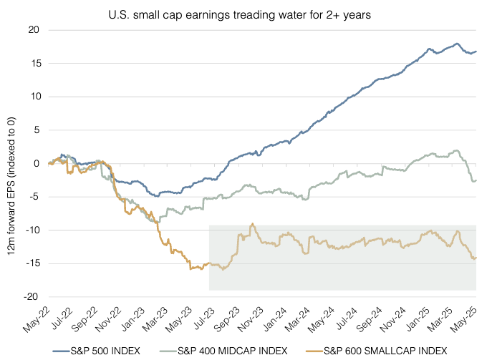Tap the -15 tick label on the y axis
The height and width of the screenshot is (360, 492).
pos(32,263)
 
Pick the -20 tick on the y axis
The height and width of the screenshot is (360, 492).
pos(32,297)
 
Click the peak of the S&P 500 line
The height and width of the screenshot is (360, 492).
pos(457,44)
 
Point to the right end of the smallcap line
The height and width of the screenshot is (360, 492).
pos(476,258)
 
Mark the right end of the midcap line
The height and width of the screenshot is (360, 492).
pos(476,180)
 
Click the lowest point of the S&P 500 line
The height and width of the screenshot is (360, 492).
pos(158,195)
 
